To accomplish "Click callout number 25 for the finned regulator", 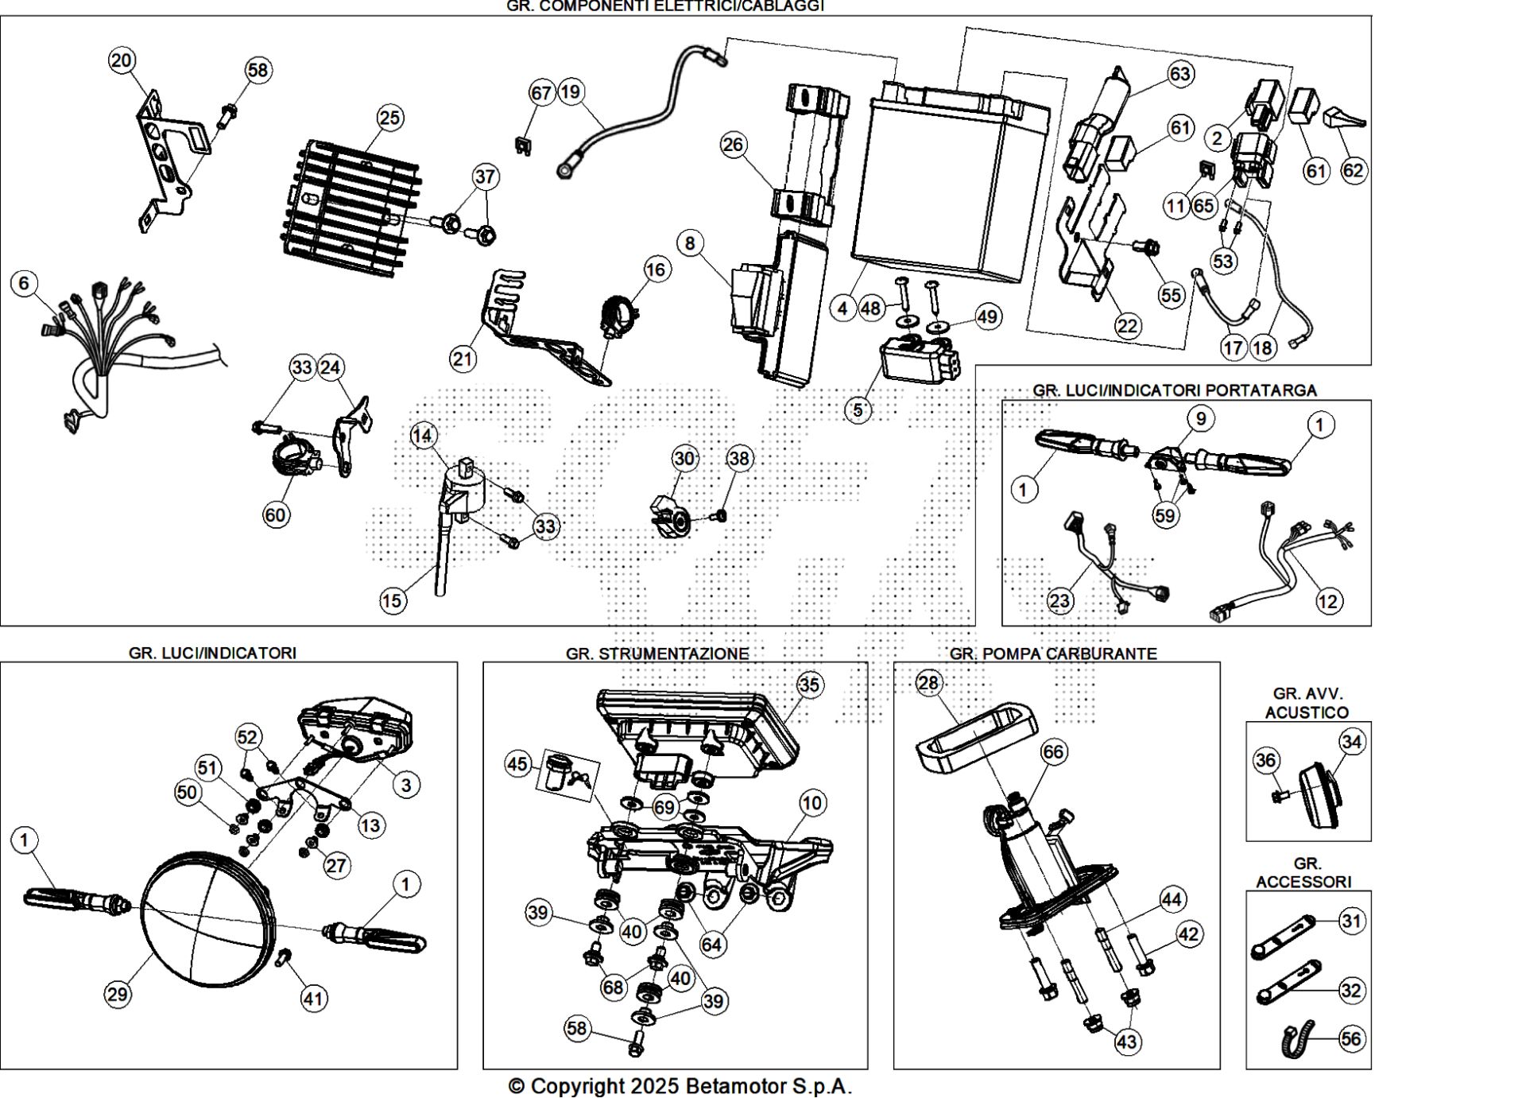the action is [x=389, y=118].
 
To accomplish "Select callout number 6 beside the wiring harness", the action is [x=24, y=283].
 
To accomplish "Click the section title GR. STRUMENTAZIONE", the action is [x=657, y=654].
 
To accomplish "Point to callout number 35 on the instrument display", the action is [x=809, y=685].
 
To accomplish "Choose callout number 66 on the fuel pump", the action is [x=1054, y=751].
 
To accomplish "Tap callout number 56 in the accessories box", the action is [x=1351, y=1038].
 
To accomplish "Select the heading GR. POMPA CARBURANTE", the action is [x=1053, y=654].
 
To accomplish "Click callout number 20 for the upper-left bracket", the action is [x=122, y=60].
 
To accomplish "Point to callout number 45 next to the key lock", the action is [x=517, y=764].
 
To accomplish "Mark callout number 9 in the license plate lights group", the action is [x=1200, y=418].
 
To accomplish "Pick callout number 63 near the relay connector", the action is [x=1180, y=74].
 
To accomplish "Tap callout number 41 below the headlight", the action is [x=313, y=998].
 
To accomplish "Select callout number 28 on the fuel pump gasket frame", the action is [x=928, y=683].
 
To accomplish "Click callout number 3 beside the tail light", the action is [x=406, y=786].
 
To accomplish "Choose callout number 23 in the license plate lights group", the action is [x=1059, y=600].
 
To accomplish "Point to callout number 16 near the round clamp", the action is [x=656, y=270].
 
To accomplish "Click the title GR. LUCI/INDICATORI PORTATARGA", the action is [x=1175, y=390].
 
